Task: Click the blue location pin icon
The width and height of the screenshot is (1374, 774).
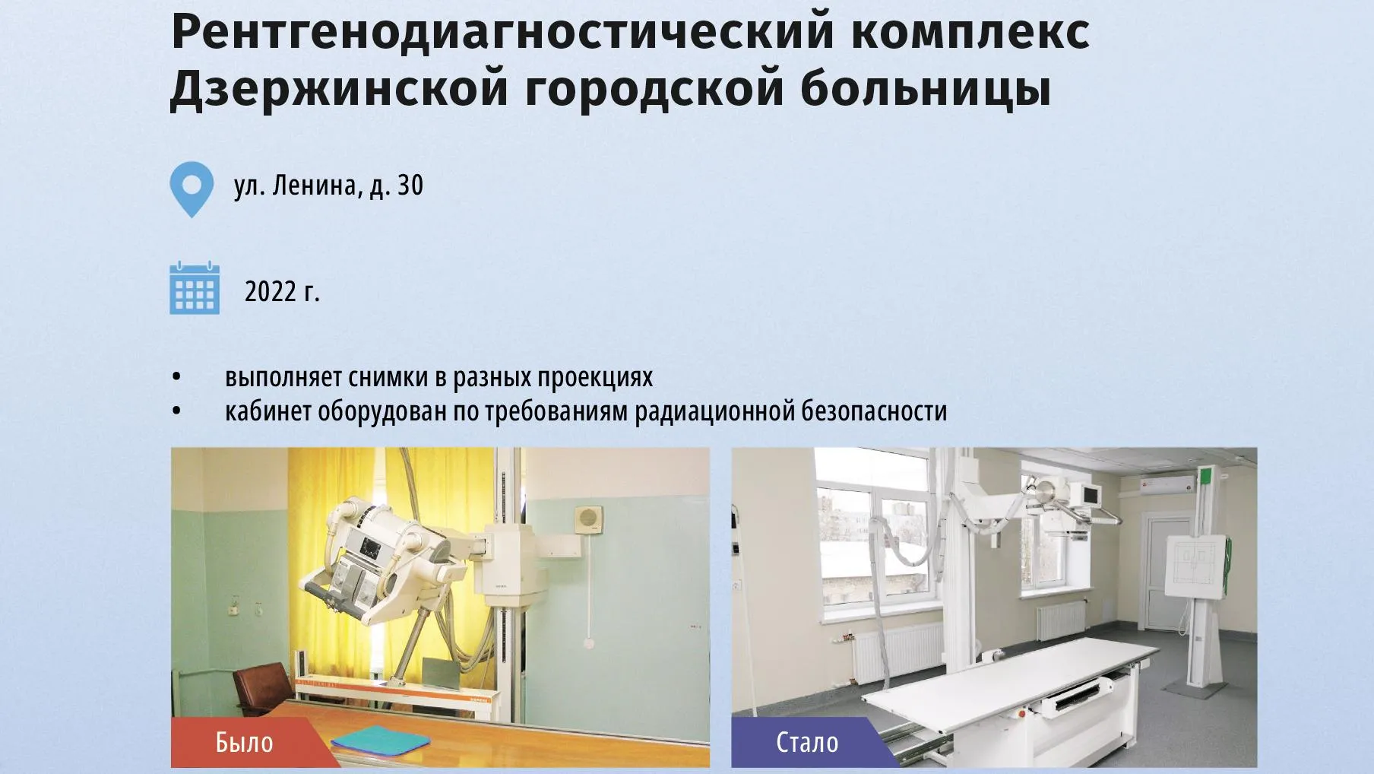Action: [x=192, y=189]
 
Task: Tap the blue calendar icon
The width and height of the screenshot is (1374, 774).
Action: [x=195, y=288]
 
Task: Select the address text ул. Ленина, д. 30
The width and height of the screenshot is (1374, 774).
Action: [x=328, y=186]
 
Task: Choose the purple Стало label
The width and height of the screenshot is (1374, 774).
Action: [x=808, y=742]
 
